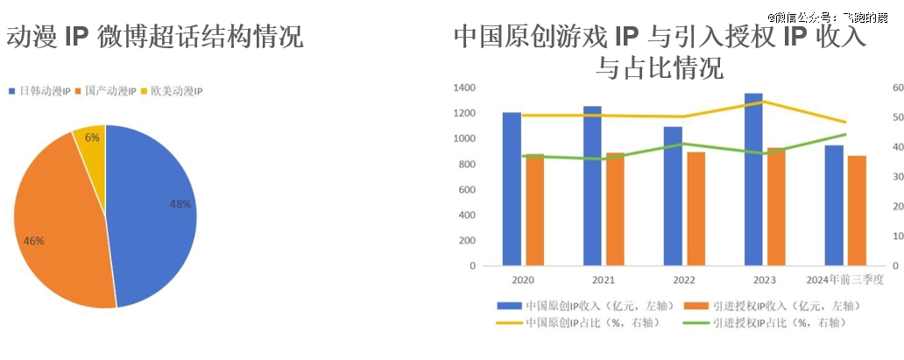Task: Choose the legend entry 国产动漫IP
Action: point(110,91)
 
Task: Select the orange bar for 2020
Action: point(534,210)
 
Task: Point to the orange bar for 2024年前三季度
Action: point(857,210)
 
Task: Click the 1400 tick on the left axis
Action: point(465,88)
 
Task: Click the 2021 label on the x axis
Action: point(604,279)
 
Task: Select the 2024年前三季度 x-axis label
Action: point(845,279)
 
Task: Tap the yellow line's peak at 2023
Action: point(762,102)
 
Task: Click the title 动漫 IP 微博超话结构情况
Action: point(154,37)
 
